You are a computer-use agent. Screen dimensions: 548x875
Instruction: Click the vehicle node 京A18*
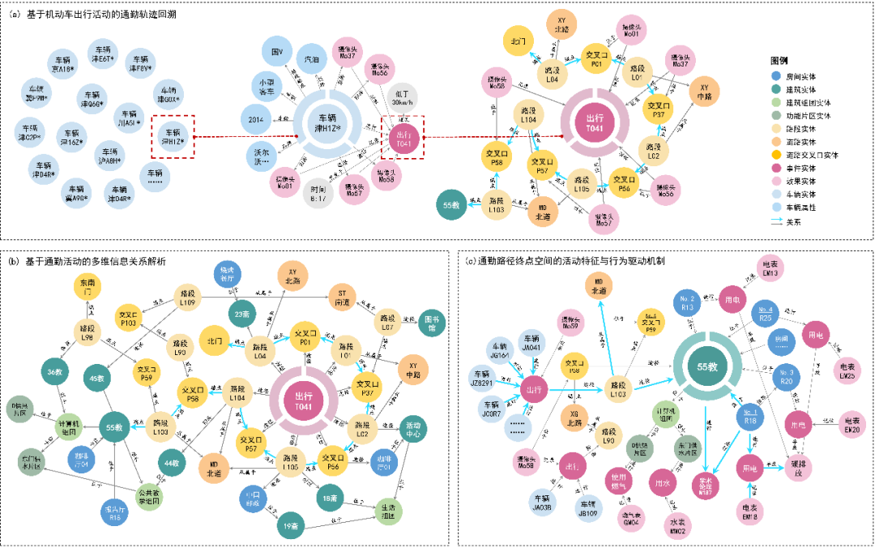pos(64,65)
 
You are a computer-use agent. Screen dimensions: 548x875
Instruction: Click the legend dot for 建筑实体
pos(777,88)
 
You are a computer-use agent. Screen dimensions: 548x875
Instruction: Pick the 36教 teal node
pos(54,372)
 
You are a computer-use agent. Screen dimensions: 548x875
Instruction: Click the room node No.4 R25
pos(765,315)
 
